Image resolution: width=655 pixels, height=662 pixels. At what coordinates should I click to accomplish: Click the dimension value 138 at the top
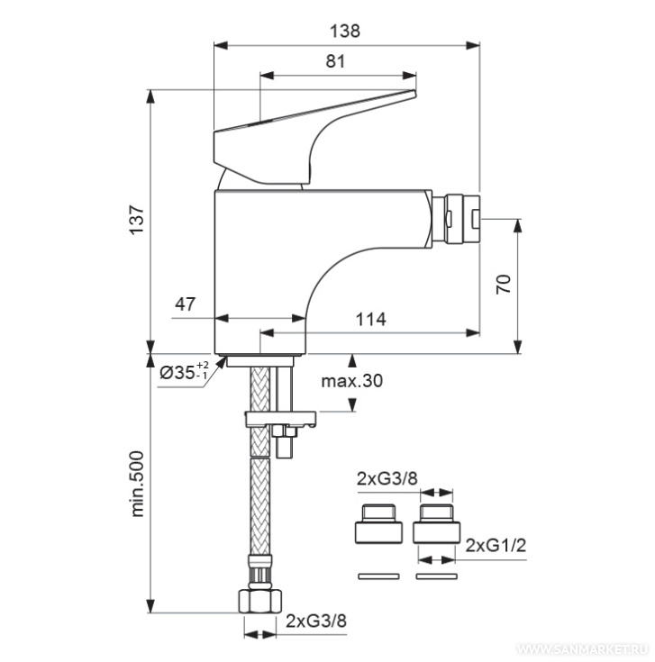[x=345, y=32]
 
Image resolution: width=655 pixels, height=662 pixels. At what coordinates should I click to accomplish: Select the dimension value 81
[x=335, y=61]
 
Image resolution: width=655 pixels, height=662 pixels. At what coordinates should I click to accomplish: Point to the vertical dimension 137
[x=137, y=220]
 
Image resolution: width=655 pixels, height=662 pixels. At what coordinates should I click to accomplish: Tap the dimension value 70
[x=504, y=284]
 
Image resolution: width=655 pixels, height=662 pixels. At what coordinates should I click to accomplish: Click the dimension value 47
[x=186, y=304]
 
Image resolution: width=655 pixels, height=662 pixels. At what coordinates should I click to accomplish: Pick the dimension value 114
[x=371, y=320]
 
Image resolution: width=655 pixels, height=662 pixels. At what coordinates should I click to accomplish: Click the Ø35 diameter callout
[x=184, y=371]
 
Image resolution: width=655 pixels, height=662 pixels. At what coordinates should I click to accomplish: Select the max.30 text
[x=351, y=381]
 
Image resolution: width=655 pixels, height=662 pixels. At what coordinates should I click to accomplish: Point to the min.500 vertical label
[x=137, y=484]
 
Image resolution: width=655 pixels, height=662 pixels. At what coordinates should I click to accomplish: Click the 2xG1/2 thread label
[x=496, y=546]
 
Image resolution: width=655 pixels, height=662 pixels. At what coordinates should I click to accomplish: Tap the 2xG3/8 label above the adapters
[x=387, y=479]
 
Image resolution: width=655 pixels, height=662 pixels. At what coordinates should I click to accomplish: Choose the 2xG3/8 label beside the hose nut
[x=316, y=621]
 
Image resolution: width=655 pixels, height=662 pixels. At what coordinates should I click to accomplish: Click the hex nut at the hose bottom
[x=259, y=602]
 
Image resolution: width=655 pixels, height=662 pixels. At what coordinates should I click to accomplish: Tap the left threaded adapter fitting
[x=378, y=523]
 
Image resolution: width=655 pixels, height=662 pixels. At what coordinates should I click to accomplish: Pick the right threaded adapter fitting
[x=436, y=523]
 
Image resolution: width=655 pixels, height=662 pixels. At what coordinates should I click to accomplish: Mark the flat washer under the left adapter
[x=378, y=576]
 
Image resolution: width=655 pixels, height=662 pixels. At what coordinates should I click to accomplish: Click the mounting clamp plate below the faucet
[x=280, y=419]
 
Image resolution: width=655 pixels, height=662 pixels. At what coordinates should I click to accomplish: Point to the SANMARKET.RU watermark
[x=584, y=648]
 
